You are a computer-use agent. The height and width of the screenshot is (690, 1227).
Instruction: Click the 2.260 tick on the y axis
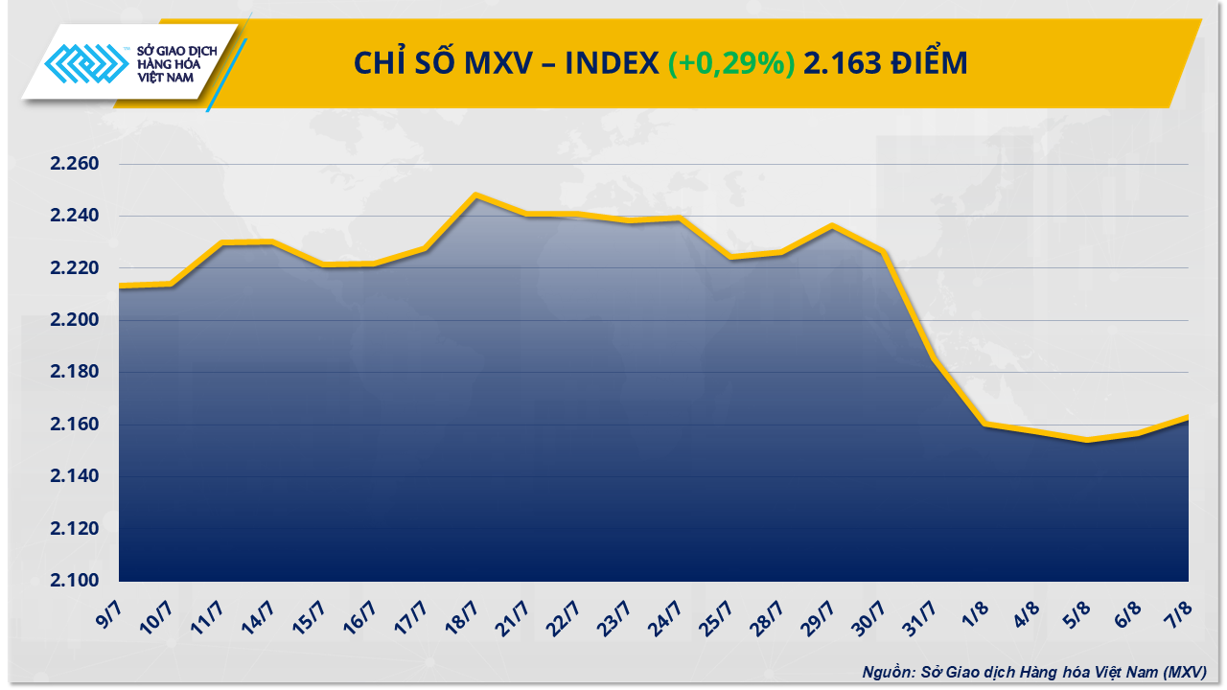tap(75, 164)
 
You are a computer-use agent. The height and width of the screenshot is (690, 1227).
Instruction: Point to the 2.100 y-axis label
tap(75, 581)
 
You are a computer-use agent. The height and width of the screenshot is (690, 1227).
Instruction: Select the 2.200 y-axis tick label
tap(75, 320)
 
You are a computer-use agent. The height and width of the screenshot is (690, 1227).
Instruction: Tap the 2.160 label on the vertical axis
tap(75, 425)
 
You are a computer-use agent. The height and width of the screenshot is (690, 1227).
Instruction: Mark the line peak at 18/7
tap(475, 195)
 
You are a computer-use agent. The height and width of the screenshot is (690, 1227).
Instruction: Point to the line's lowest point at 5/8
tap(1086, 440)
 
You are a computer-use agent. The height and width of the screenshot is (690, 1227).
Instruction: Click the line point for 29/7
tap(831, 225)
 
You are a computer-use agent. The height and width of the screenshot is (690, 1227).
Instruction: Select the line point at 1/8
tap(984, 424)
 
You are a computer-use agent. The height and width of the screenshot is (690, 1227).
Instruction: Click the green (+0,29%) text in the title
tap(731, 63)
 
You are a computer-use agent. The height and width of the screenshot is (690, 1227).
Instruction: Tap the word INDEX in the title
tap(610, 63)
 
